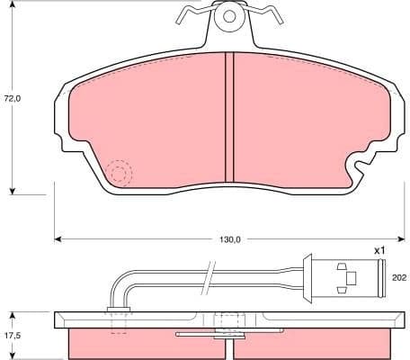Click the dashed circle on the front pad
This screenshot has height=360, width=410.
pos(118,172)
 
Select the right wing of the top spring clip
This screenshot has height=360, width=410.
pos(262,13)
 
